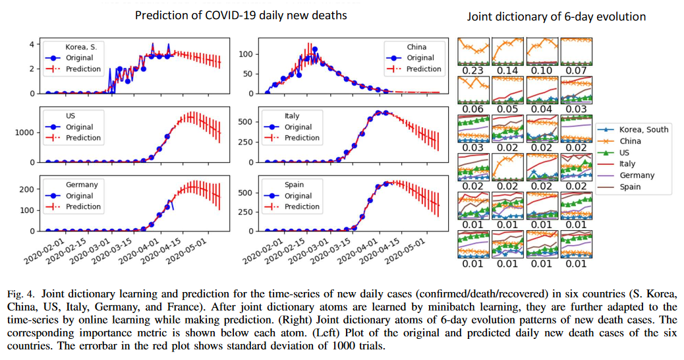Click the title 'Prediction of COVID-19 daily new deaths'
(241, 15)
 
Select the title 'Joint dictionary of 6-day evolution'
(557, 16)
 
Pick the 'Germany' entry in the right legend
(637, 175)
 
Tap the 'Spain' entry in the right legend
(631, 187)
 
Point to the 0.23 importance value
(473, 70)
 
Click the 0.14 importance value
(507, 70)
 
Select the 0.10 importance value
(541, 70)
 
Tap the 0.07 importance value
(575, 70)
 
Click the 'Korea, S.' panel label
(80, 47)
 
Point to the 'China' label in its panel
(416, 47)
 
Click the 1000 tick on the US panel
(24, 133)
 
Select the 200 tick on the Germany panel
(26, 189)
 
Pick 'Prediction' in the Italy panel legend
(302, 138)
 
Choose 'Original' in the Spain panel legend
(299, 196)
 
